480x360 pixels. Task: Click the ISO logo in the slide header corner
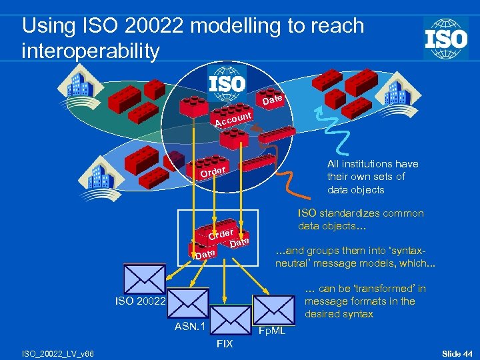(x=446, y=39)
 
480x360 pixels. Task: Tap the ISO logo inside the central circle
(x=227, y=83)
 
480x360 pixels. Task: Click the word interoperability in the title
(x=91, y=51)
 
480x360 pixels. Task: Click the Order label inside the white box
(x=220, y=234)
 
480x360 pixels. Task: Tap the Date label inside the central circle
(x=273, y=99)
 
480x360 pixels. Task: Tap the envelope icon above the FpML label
(x=273, y=309)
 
